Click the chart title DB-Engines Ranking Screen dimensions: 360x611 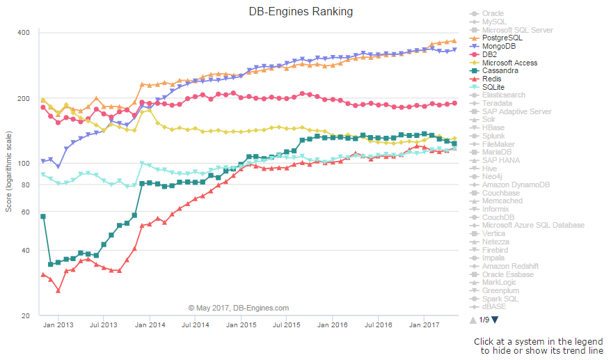[301, 11]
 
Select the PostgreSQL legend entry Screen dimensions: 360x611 [502, 38]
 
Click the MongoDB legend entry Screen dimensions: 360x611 [500, 46]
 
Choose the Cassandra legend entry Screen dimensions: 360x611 [500, 70]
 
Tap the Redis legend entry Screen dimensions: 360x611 [493, 79]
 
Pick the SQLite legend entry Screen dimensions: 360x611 [493, 87]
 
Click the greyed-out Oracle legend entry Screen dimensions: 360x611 [493, 13]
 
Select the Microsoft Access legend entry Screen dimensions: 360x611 [509, 63]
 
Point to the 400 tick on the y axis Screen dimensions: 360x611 [23, 33]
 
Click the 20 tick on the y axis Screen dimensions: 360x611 [25, 316]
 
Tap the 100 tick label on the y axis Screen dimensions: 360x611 [23, 163]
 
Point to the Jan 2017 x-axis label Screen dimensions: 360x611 [424, 324]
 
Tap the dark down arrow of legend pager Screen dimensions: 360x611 [495, 320]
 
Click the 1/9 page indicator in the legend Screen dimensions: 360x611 [485, 320]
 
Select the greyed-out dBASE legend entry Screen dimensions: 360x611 [493, 306]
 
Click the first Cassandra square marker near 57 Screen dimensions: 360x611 [43, 217]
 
